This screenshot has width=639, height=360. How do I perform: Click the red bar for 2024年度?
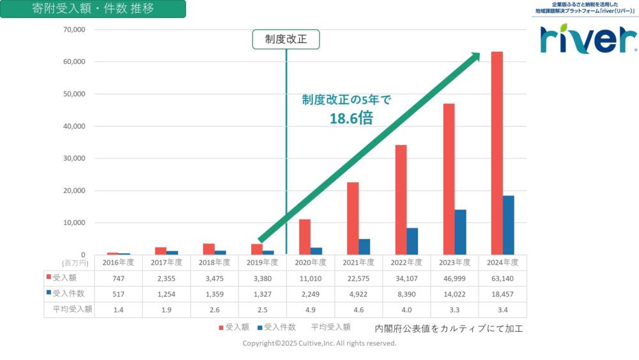497,153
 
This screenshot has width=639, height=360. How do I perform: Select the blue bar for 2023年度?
460,232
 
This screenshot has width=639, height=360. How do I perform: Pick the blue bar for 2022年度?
412,241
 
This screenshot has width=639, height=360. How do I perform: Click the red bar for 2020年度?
305,237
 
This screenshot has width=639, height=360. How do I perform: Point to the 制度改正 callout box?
286,40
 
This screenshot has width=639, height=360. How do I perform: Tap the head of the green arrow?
474,58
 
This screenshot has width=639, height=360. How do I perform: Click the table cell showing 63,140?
503,278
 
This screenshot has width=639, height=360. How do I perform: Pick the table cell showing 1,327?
262,294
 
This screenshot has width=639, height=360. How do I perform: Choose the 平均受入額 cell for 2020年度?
310,310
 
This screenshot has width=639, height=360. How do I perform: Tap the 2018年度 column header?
214,262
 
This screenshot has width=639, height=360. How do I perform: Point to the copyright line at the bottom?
319,343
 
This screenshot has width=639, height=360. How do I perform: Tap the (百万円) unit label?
75,263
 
